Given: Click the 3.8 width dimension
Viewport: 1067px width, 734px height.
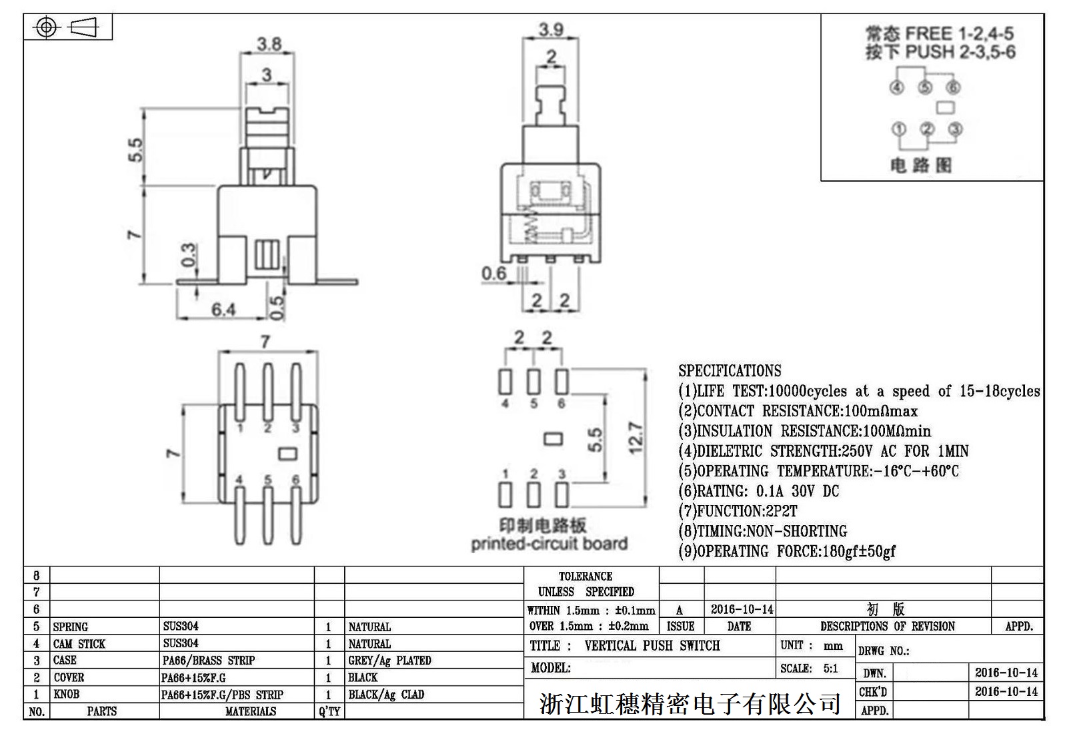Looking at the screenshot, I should (x=269, y=45).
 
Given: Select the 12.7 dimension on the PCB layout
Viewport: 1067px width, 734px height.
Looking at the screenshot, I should (x=636, y=438).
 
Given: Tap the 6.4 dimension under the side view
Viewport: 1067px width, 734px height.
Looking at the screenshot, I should (x=223, y=310).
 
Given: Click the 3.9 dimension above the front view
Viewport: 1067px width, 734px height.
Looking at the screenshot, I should (x=551, y=29).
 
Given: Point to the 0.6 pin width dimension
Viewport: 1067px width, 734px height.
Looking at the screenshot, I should (x=494, y=273).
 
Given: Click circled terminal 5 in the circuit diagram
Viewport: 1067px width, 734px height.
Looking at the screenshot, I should (x=925, y=87).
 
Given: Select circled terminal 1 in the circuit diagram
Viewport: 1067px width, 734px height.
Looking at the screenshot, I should (x=899, y=129).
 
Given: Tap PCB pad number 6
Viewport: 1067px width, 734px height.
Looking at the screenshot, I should (x=562, y=382).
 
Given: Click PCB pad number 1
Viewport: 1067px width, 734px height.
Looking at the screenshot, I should (x=505, y=494).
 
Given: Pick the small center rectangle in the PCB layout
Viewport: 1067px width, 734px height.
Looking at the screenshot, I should (x=553, y=438).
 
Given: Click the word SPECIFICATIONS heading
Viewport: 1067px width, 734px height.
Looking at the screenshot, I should (x=730, y=370).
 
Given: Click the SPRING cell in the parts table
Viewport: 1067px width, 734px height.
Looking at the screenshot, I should (x=70, y=627).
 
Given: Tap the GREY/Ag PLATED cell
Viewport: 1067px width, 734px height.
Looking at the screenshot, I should (x=389, y=661).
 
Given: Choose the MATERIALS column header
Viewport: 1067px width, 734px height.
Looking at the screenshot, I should (x=250, y=711).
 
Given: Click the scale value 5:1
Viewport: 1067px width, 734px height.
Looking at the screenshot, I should (x=830, y=668).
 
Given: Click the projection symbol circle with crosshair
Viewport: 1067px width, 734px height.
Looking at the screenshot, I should (x=46, y=27).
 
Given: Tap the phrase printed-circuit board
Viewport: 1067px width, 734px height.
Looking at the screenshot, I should (x=549, y=544).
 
